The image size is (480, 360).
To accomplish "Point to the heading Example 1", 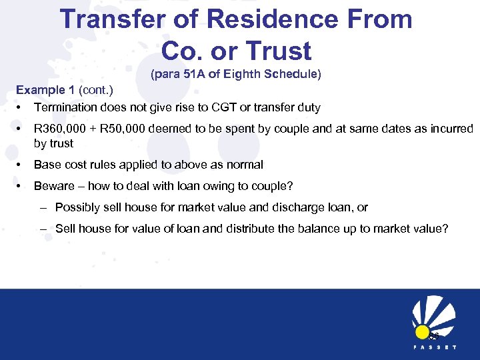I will [45, 90].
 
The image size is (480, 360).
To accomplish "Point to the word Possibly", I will [78, 207].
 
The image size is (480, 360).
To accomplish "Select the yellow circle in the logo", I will [422, 331].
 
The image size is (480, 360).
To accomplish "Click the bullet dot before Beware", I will [21, 186].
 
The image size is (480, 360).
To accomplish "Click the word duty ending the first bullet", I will [308, 107].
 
